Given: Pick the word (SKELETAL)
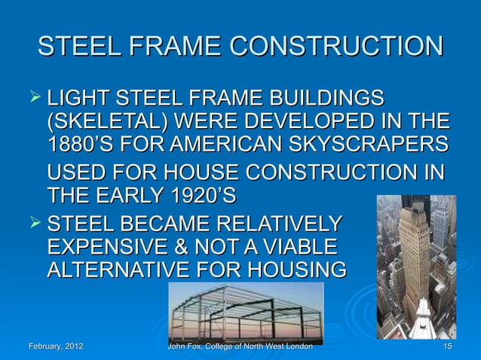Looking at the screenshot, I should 106,121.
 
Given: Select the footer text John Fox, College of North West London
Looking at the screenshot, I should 239,346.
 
